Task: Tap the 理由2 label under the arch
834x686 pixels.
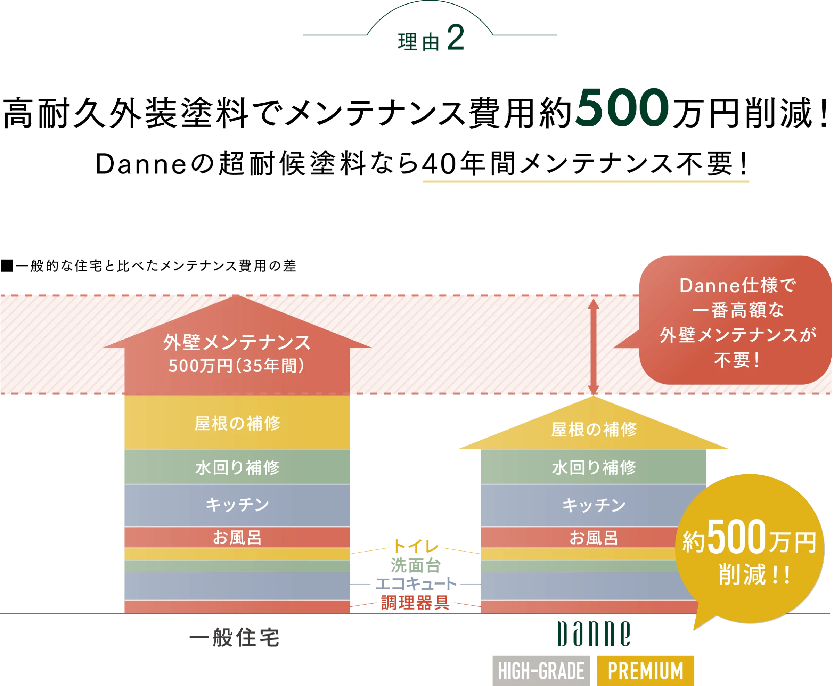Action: tap(431, 40)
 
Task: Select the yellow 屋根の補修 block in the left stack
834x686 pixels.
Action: tap(237, 423)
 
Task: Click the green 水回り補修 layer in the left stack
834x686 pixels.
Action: tap(237, 467)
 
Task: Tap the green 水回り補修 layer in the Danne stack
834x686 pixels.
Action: tap(594, 467)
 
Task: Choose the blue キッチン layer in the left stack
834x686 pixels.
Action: tap(237, 505)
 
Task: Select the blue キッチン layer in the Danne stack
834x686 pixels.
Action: tap(594, 505)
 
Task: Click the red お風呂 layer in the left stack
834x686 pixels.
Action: tap(237, 537)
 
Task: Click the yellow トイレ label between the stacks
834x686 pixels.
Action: tap(416, 547)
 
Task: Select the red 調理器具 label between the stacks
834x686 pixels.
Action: tap(416, 603)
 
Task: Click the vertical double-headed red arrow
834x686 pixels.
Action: tap(593, 347)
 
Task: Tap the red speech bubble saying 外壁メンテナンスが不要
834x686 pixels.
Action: tap(737, 320)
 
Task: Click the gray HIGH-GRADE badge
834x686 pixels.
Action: tap(541, 671)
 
